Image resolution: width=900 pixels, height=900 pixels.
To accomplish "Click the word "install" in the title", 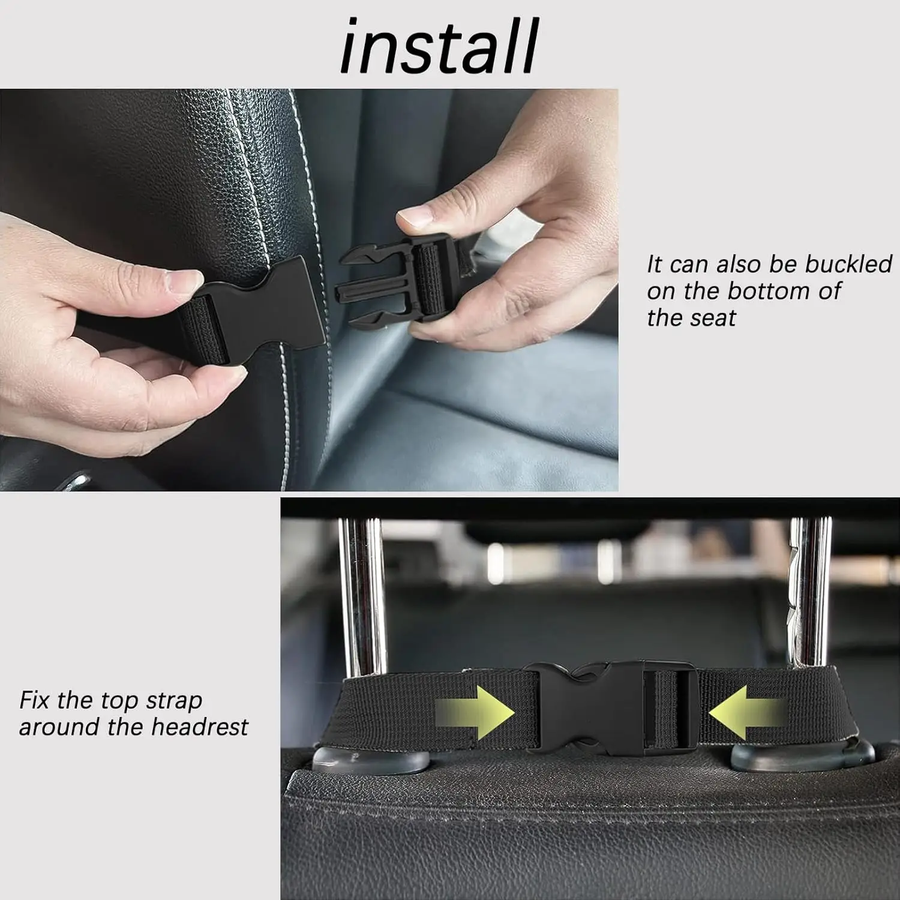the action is point(439,46).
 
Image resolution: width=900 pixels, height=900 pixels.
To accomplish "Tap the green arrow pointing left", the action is point(746,713).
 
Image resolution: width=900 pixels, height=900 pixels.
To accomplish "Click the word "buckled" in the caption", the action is point(848,264).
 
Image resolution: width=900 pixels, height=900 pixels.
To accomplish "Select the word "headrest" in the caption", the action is point(199,727).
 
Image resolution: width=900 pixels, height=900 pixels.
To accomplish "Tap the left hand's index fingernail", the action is point(185,281).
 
